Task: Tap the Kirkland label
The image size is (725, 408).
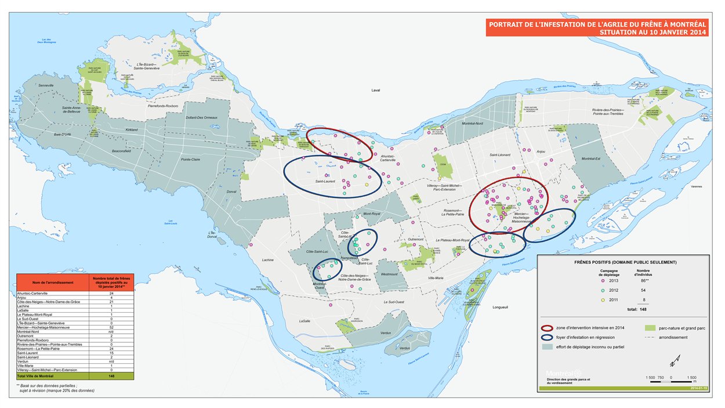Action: [x=132, y=130]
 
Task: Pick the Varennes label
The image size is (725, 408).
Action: [x=697, y=187]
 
